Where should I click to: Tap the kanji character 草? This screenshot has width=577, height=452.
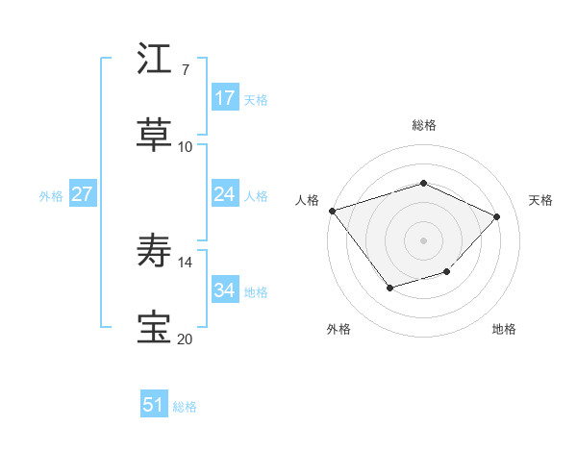[x=155, y=135]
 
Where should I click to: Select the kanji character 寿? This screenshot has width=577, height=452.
[x=155, y=252]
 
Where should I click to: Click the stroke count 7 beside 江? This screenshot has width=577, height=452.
[x=185, y=70]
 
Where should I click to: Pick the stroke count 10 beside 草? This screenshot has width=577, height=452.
[x=185, y=146]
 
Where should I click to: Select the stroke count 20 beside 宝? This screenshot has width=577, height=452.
[x=185, y=339]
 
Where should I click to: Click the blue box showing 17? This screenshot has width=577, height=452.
[x=225, y=98]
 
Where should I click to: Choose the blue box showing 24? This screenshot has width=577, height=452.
[x=225, y=194]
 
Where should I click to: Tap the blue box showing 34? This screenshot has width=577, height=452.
[x=225, y=290]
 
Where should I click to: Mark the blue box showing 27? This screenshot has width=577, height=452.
[x=82, y=194]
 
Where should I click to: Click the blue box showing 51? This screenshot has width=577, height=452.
[x=154, y=406]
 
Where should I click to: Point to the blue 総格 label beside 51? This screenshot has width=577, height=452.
[x=185, y=408]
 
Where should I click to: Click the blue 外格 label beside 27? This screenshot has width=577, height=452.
[x=51, y=196]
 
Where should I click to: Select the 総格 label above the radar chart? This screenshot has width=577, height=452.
[x=423, y=125]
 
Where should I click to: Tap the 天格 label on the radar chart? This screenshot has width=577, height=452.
[x=540, y=200]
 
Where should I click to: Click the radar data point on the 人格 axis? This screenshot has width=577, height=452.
[x=332, y=210]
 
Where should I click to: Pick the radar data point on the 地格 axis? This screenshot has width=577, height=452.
[x=446, y=272]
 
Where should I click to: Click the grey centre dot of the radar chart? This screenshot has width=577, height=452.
[x=423, y=239]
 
